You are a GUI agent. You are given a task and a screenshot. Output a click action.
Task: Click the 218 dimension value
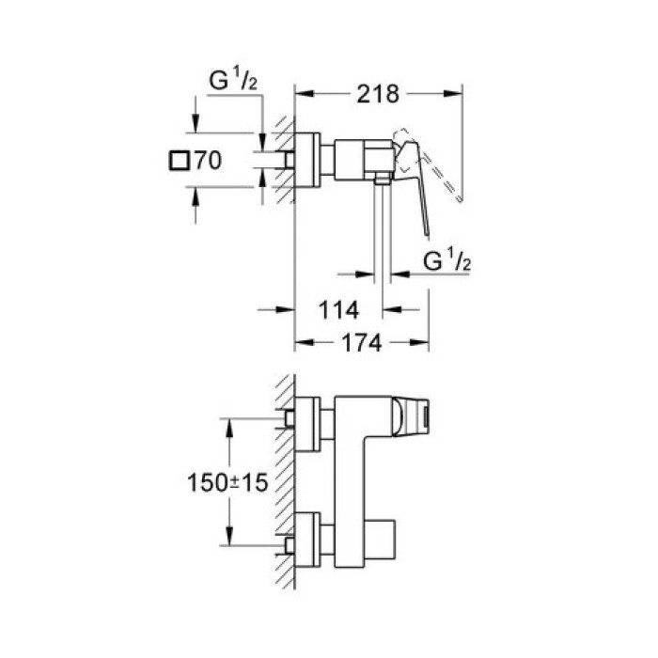[379, 94]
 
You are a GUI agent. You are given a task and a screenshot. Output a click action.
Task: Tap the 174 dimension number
[360, 344]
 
